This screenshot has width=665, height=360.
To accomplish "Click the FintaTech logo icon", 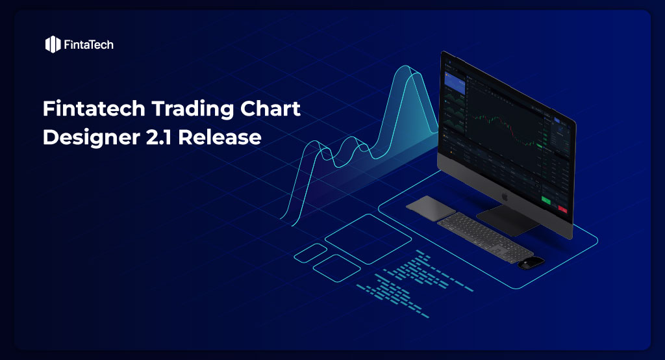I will click(x=53, y=44).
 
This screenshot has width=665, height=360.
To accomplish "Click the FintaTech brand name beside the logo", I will click(x=89, y=45).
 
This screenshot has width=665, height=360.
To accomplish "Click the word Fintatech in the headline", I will click(x=84, y=109).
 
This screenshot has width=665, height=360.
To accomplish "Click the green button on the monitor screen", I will click(x=546, y=202).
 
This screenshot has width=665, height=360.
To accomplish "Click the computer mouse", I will click(x=531, y=262).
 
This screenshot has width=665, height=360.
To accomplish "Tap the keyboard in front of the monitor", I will click(x=484, y=237).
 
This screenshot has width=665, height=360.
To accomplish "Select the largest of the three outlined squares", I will click(x=359, y=238).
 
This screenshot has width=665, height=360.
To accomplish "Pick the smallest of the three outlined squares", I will click(x=310, y=253).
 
